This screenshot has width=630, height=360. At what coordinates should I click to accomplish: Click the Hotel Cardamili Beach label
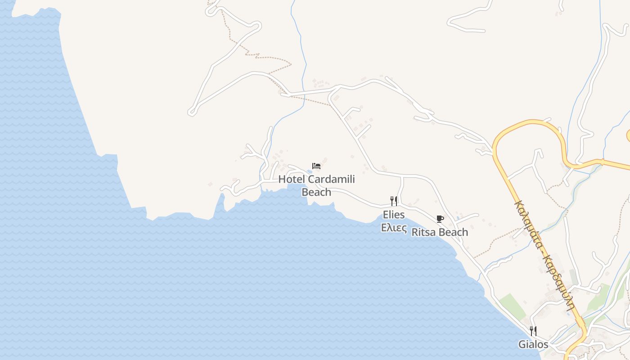[x=316, y=185]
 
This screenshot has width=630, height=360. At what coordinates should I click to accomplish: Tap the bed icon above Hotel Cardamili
[x=316, y=166]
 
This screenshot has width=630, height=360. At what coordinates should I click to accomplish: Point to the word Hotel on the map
[x=292, y=179]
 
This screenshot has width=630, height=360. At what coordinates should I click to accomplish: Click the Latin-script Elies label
[x=394, y=214]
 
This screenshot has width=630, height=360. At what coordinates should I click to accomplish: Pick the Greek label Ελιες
[x=394, y=227]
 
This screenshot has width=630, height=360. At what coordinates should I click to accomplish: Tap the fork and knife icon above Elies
[x=394, y=201]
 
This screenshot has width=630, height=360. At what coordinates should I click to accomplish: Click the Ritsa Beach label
[x=440, y=232]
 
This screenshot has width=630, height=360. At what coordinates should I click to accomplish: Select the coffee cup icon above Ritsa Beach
[x=440, y=219]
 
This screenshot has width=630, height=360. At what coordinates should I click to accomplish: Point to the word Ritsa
[x=423, y=232]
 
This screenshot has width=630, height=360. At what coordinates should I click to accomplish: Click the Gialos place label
[x=533, y=344]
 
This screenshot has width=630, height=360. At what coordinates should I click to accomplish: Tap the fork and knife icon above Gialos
[x=533, y=331]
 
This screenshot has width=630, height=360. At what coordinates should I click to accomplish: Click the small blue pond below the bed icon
[x=310, y=171]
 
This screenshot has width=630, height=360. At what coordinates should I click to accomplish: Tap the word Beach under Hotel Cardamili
[x=316, y=192]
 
